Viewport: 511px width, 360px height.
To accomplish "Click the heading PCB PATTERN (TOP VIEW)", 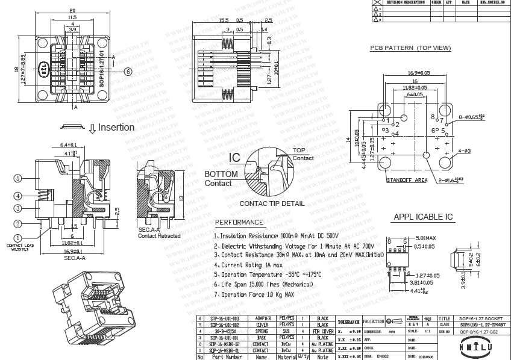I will point(410,48).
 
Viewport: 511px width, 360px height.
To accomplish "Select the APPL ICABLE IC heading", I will point(423,217).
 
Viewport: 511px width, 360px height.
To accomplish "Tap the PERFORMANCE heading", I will point(239,222).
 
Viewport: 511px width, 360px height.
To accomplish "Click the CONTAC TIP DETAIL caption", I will point(272,203).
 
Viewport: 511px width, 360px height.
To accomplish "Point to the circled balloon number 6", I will point(128,70).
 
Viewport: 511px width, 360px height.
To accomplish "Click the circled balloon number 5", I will point(18,178).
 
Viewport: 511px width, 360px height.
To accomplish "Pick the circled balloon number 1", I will point(18,238).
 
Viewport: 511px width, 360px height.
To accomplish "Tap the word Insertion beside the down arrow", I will point(116,128).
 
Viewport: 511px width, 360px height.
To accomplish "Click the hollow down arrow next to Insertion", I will point(92,128).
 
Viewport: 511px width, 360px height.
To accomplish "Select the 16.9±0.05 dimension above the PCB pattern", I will point(414,73).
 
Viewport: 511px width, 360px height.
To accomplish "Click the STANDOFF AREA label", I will point(407,180).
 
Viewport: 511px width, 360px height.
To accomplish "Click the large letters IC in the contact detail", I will point(235,158).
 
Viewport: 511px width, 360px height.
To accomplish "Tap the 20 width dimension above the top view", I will point(72,11).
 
